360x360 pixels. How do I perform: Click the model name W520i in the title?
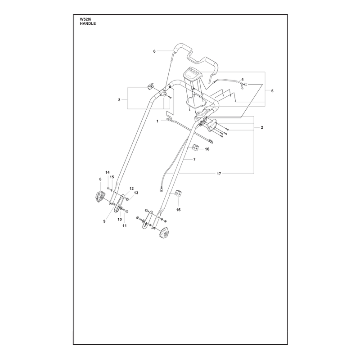coord(85,20)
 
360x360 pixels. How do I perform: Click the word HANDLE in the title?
coord(88,24)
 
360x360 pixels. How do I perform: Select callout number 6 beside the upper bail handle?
coord(154,51)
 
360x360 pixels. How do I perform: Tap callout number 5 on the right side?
coord(272,91)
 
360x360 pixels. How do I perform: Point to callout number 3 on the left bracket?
coord(119,100)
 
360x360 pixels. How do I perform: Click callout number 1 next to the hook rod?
coord(157,121)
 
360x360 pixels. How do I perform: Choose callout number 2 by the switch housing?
coord(262,127)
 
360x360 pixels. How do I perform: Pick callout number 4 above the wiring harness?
coord(243,80)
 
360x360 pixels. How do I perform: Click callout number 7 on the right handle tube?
coord(194,159)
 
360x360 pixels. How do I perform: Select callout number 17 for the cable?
coord(219,174)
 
